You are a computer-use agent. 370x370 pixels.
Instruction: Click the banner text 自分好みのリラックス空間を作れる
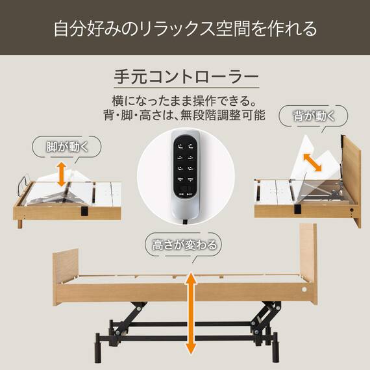pos(185,29)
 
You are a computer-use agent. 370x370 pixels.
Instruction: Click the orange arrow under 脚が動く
pos(62,175)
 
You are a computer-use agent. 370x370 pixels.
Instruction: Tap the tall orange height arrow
pos(191,313)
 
